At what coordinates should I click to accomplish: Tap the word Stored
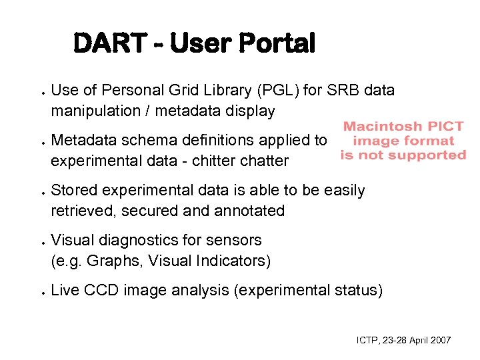[x=72, y=190]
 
